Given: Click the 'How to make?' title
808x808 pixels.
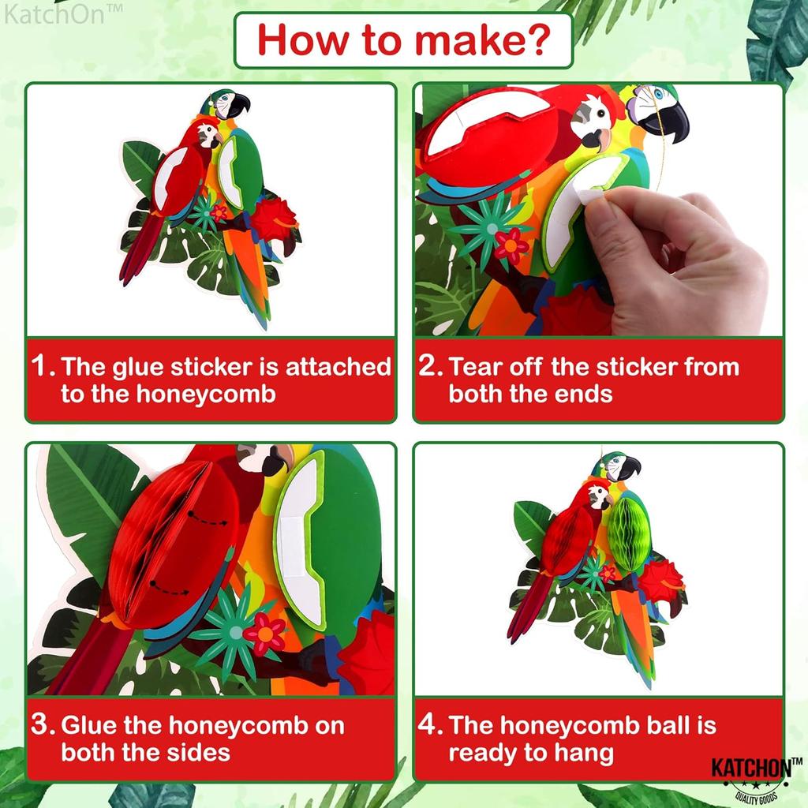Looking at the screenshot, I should click(x=403, y=40).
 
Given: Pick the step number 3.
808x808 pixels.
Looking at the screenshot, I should click(x=43, y=725).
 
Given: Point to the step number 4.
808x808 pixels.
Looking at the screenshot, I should click(x=430, y=725).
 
